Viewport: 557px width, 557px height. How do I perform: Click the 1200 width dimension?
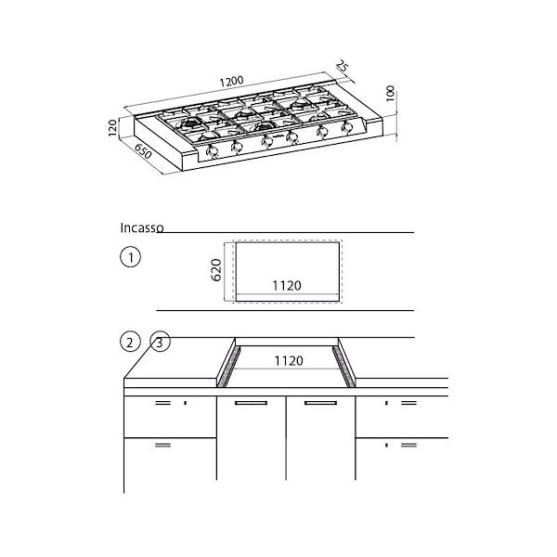234,82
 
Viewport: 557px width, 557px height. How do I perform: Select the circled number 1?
131,257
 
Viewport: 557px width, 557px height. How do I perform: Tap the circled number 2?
131,343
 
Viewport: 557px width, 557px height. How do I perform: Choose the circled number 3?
160,343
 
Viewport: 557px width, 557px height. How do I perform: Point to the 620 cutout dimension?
216,270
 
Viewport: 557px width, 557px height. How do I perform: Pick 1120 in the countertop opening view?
287,358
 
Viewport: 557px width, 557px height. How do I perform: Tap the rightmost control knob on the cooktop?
349,129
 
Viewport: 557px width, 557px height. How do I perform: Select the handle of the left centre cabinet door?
252,405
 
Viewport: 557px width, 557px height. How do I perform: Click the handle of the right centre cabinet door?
320,405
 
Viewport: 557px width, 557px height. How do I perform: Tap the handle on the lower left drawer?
162,446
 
